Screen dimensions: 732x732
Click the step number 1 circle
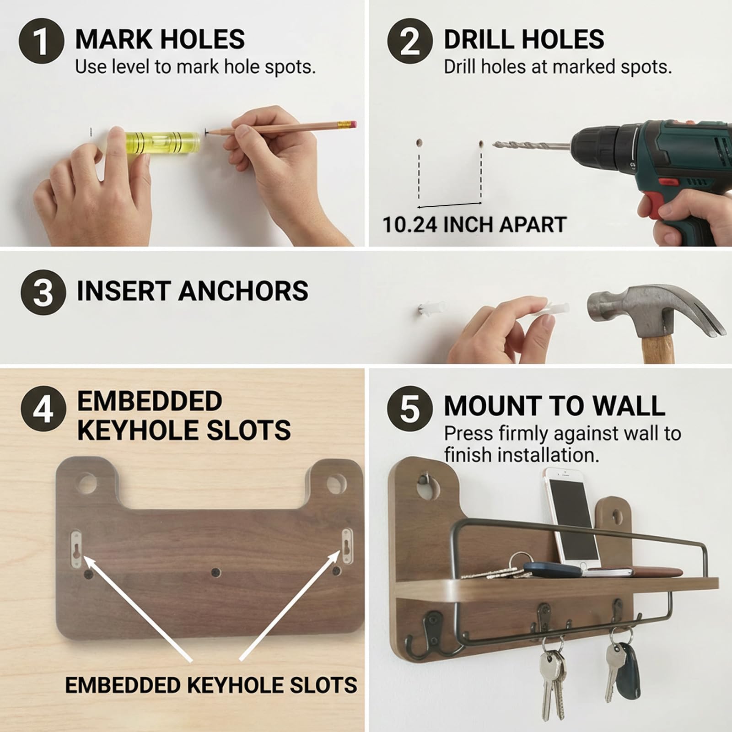pyautogui.click(x=41, y=41)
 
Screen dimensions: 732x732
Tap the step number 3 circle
pyautogui.click(x=43, y=292)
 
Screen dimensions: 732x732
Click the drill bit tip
pyautogui.click(x=495, y=145)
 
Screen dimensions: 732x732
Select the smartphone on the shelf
pyautogui.click(x=571, y=517)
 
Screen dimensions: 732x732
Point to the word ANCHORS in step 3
pyautogui.click(x=243, y=291)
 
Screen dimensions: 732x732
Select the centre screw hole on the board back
pyautogui.click(x=215, y=572)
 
